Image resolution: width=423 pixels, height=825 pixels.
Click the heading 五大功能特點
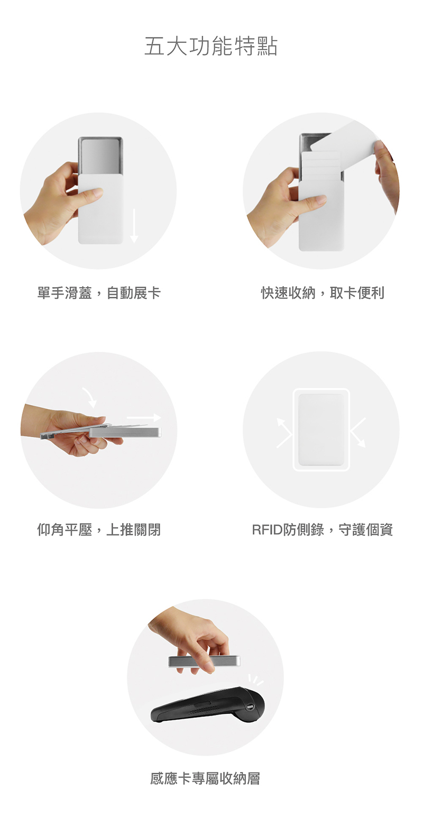[210, 46]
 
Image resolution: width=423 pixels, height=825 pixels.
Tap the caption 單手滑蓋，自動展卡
[99, 293]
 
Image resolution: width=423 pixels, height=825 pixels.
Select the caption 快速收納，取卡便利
[323, 293]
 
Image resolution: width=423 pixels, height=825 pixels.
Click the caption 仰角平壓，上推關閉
[99, 529]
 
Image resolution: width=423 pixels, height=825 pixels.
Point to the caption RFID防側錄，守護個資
[323, 529]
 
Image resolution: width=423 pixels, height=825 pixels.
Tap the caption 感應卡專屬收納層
[205, 778]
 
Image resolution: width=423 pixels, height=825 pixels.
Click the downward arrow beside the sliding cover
[134, 225]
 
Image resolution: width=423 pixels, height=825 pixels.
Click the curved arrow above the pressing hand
[90, 397]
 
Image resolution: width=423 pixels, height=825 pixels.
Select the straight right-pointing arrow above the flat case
[144, 418]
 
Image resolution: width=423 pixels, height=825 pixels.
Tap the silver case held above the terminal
[204, 662]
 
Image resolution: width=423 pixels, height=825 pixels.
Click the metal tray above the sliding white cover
[100, 157]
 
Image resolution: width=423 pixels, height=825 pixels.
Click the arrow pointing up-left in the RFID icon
[284, 433]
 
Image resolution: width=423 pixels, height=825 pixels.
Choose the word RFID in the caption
[267, 530]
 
